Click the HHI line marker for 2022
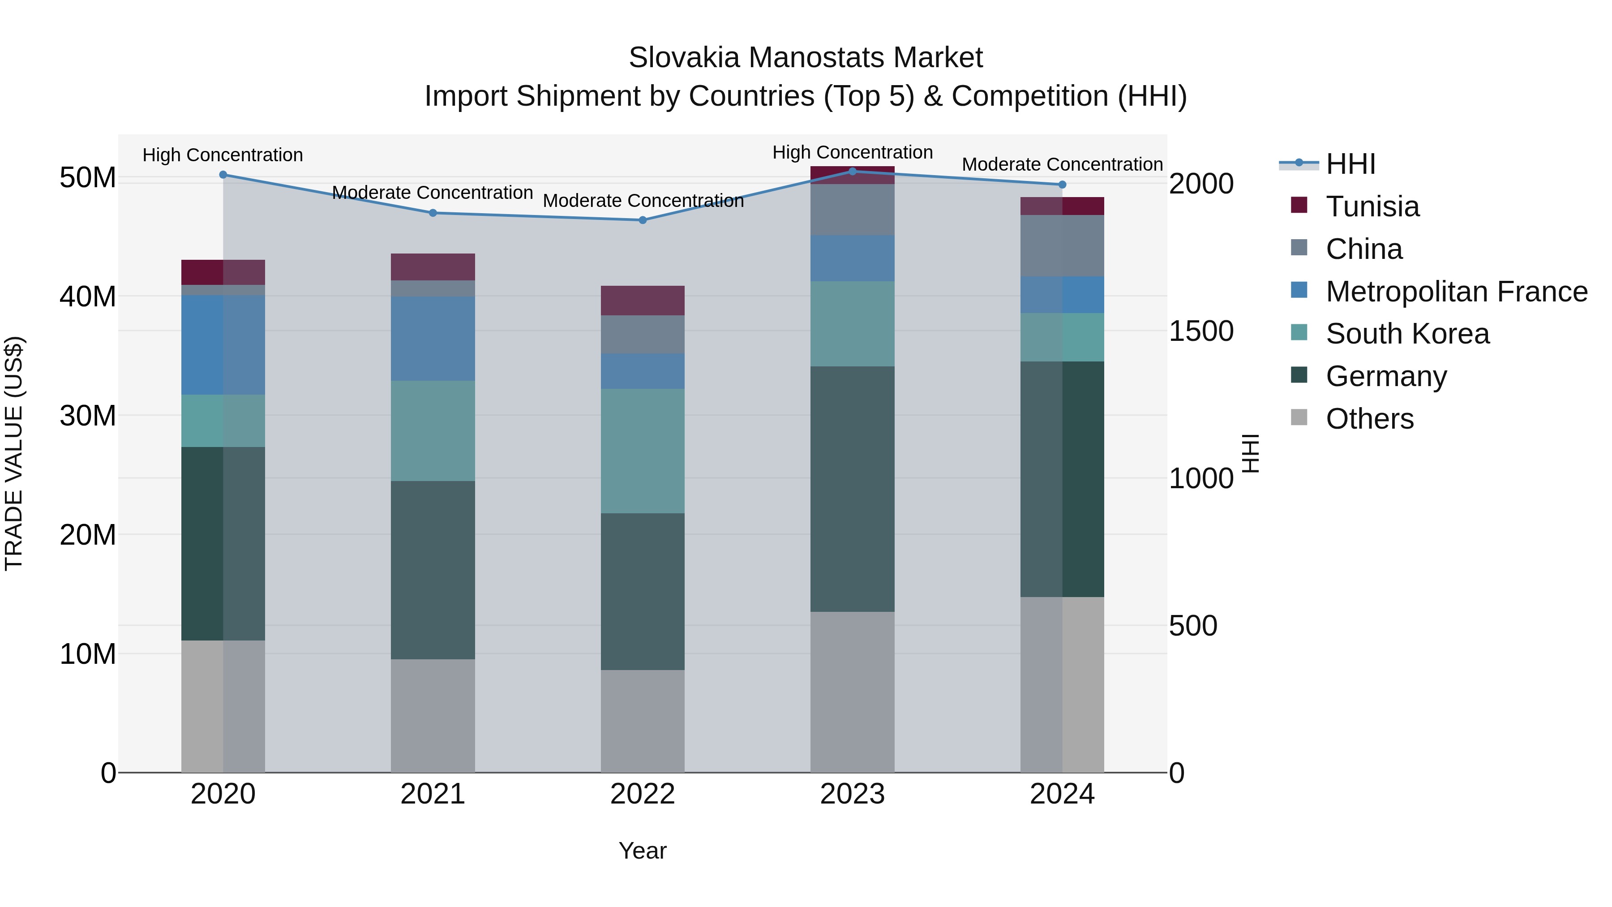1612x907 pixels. pyautogui.click(x=642, y=220)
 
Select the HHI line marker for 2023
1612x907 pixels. pyautogui.click(x=852, y=171)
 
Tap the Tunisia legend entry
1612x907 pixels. pyautogui.click(x=1372, y=206)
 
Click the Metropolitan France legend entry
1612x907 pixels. pyautogui.click(x=1456, y=292)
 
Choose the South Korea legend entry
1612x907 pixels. pyautogui.click(x=1407, y=334)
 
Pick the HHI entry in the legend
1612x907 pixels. pyautogui.click(x=1350, y=164)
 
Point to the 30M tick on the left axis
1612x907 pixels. pyautogui.click(x=88, y=416)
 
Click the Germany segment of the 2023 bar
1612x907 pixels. pyautogui.click(x=852, y=488)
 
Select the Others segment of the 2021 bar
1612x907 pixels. pyautogui.click(x=433, y=715)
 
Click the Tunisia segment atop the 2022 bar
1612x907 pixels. pyautogui.click(x=642, y=301)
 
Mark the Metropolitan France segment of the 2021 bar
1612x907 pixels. pyautogui.click(x=433, y=339)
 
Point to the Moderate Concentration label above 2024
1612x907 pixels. pyautogui.click(x=1062, y=165)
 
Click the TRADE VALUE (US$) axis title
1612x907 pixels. pyautogui.click(x=14, y=453)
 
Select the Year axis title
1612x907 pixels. pyautogui.click(x=642, y=851)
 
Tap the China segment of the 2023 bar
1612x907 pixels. pyautogui.click(x=852, y=210)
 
